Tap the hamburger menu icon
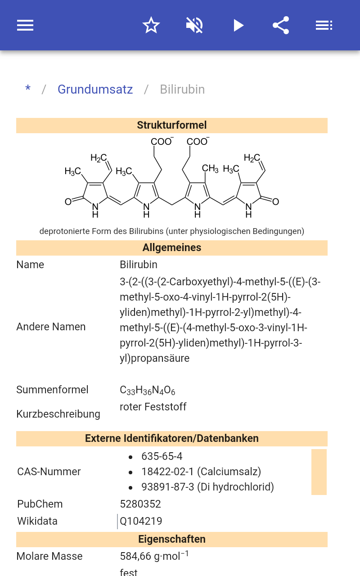coord(25,25)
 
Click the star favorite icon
coord(151,25)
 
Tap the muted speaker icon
coord(194,25)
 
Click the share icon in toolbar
coord(281,25)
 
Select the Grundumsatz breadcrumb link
coord(95,89)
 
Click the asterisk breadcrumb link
coord(28,89)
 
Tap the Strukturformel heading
coord(172,125)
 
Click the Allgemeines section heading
coord(172,247)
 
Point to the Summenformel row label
coord(52,390)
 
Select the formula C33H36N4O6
coord(147,390)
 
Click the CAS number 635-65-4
coord(162,456)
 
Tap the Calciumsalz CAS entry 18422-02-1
coord(201,472)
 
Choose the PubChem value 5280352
coord(140,504)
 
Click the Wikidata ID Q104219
coord(141,521)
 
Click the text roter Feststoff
coord(153,407)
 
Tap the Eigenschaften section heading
coord(172,539)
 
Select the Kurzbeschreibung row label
coord(58,414)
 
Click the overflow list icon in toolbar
coord(324,25)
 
